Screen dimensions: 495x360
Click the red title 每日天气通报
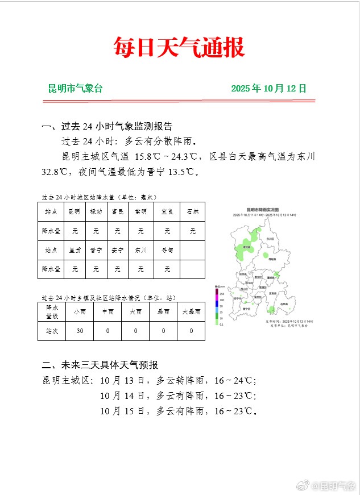(179, 47)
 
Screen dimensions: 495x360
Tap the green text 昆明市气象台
(75, 89)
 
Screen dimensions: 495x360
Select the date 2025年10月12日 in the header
(268, 89)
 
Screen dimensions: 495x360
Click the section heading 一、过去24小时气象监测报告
(107, 126)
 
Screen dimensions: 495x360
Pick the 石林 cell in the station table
(193, 212)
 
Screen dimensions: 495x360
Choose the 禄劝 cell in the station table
(96, 212)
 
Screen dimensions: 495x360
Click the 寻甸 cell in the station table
(167, 250)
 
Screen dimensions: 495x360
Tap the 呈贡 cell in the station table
(75, 250)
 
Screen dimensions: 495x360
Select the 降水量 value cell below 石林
(193, 231)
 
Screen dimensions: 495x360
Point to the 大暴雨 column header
(191, 311)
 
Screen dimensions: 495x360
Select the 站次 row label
(52, 331)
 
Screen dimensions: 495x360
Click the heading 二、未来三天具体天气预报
(100, 365)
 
